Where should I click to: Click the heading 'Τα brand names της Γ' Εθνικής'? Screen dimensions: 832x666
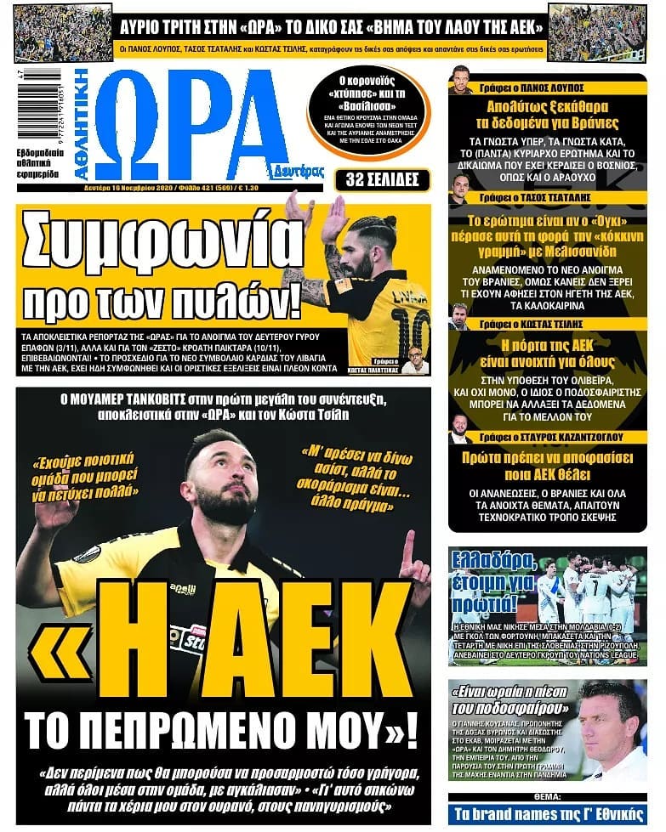[548, 814]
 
